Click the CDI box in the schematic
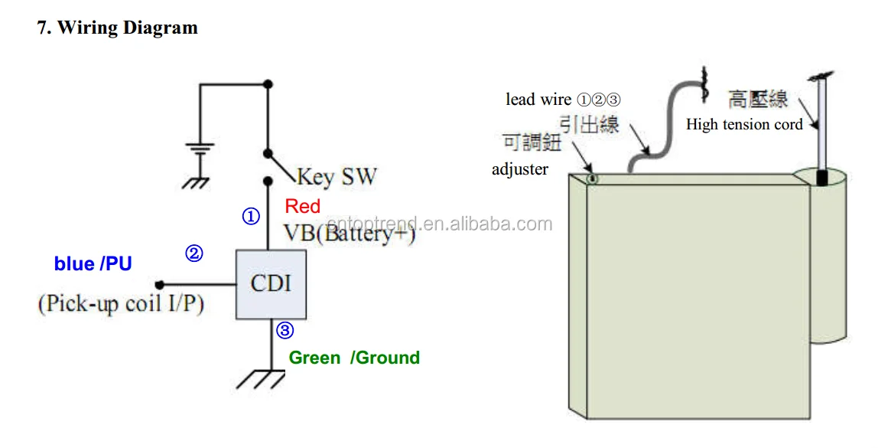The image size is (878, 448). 271,284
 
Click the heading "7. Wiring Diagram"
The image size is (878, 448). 118,28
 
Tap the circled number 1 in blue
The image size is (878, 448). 251,217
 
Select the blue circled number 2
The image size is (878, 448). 193,253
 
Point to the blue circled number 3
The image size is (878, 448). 285,330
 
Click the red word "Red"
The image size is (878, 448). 302,206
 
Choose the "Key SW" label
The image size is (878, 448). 337,177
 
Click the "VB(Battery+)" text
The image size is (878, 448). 350,233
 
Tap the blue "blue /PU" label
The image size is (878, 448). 93,263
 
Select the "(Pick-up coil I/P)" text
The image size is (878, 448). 121,303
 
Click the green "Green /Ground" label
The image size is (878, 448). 354,358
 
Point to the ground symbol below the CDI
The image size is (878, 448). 261,379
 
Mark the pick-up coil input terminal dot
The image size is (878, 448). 160,285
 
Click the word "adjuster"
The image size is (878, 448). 520,168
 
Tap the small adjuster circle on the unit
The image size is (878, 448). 592,179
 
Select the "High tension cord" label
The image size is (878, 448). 745,125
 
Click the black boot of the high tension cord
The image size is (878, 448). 821,178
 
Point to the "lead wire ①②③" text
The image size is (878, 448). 564,100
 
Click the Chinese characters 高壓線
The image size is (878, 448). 758,99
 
